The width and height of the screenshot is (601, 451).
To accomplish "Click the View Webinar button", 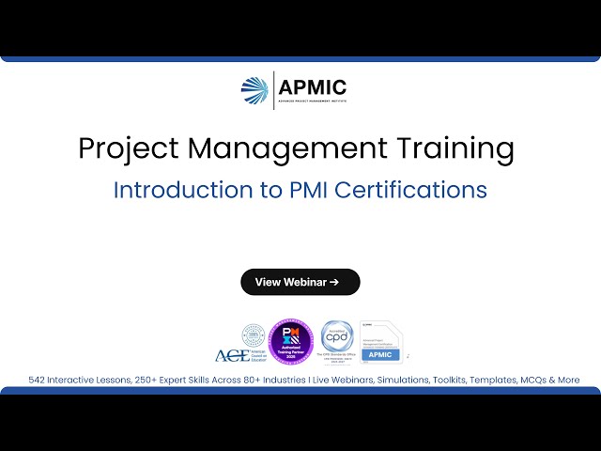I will point(300,282).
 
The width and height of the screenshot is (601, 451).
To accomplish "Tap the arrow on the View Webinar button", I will point(334,282).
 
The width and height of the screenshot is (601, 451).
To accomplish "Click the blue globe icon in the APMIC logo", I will point(254,90).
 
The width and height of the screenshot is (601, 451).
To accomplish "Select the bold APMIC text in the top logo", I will point(312,87).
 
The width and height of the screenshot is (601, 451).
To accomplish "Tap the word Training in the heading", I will point(456,148).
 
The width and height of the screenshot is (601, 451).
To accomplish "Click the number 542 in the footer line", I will point(39,381).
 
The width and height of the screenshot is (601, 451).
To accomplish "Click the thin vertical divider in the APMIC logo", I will point(273,90).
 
